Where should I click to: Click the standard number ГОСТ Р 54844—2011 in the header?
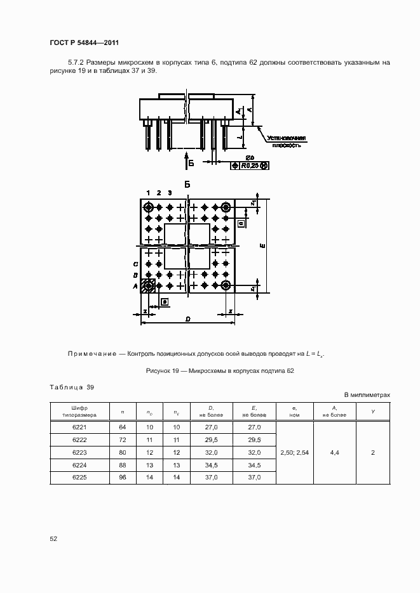coord(85,42)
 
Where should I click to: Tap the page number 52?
coord(53,538)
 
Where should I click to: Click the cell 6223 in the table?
coord(79,452)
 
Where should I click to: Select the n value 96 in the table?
coord(123,477)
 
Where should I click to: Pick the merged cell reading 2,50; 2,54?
coord(294,452)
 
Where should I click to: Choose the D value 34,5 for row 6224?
coord(212,465)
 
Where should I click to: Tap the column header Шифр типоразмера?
coord(79,411)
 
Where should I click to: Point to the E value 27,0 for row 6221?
coord(254,427)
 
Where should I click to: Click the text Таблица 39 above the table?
coord(71,387)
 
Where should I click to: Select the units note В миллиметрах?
coord(367,394)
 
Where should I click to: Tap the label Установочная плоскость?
coord(286,141)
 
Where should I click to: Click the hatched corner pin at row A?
coord(149,286)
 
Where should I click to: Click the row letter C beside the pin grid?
coord(135,264)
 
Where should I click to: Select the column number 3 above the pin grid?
coord(170,192)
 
